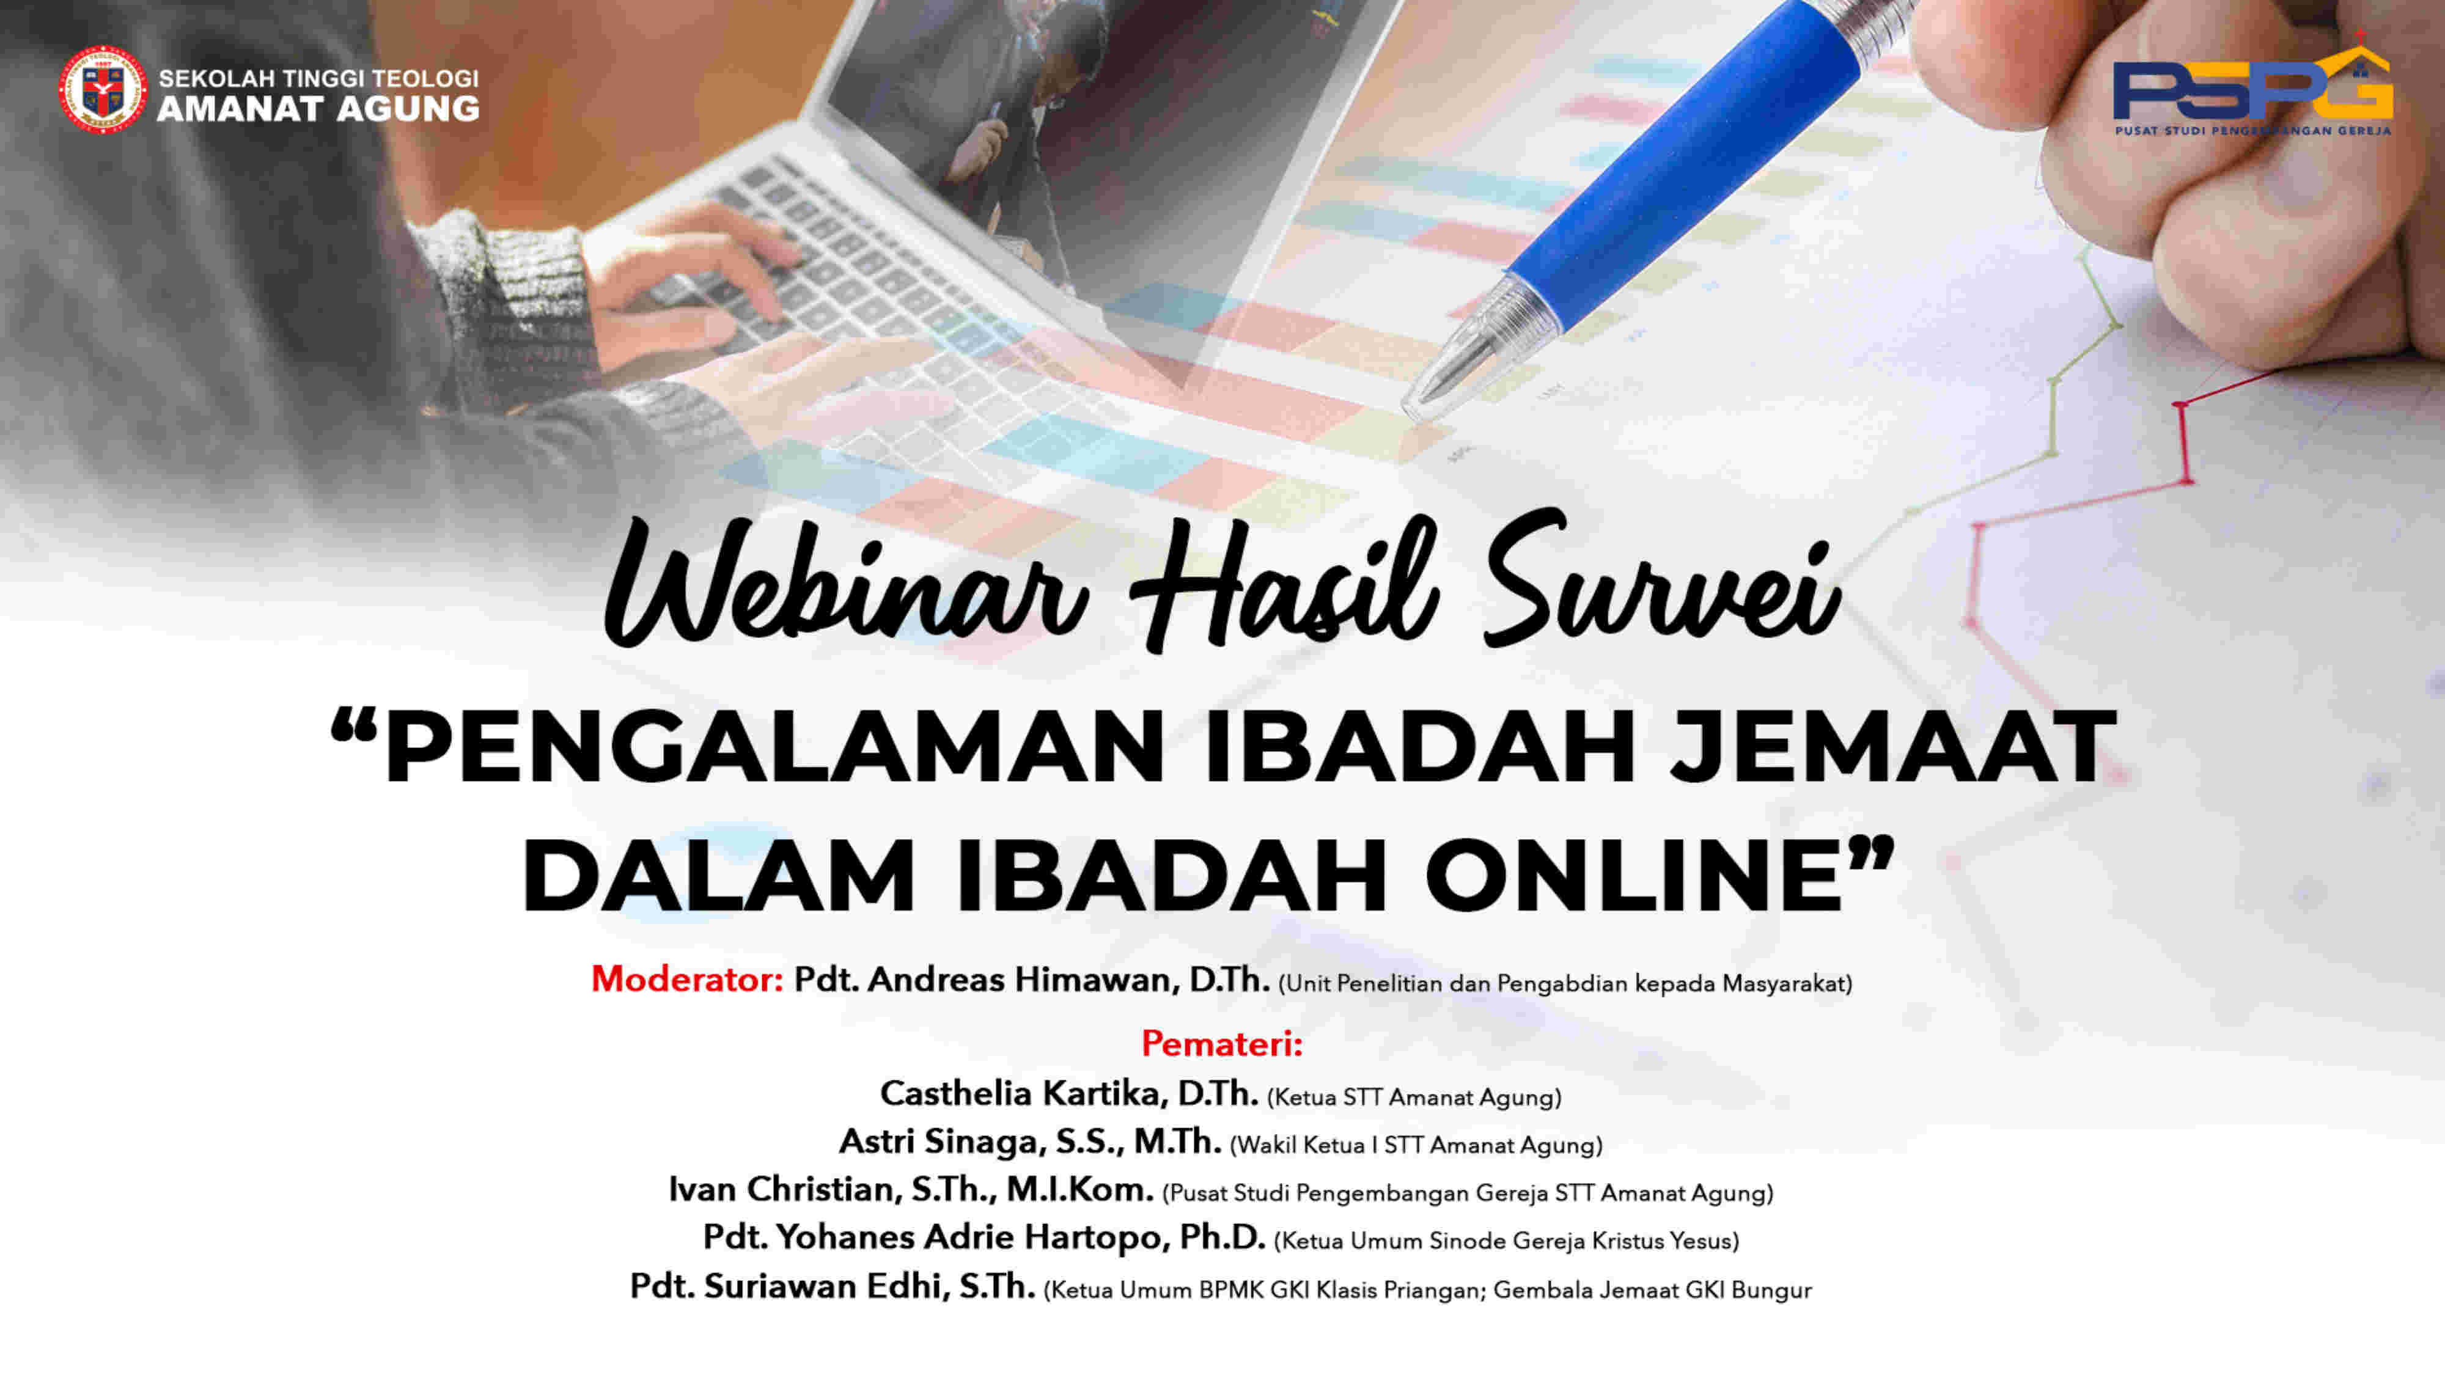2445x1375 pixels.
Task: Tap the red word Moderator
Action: point(687,979)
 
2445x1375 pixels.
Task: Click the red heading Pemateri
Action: point(1221,1044)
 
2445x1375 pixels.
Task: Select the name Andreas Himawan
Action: point(1023,979)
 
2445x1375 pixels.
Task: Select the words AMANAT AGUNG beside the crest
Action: point(318,109)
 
